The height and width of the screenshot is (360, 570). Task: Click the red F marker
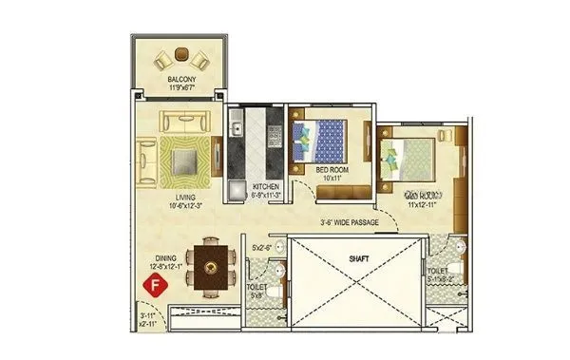[149, 284]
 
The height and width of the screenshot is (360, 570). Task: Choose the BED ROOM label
[333, 169]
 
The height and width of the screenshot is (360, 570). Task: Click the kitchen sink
[236, 124]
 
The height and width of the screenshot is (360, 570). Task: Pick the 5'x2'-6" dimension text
[261, 249]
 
